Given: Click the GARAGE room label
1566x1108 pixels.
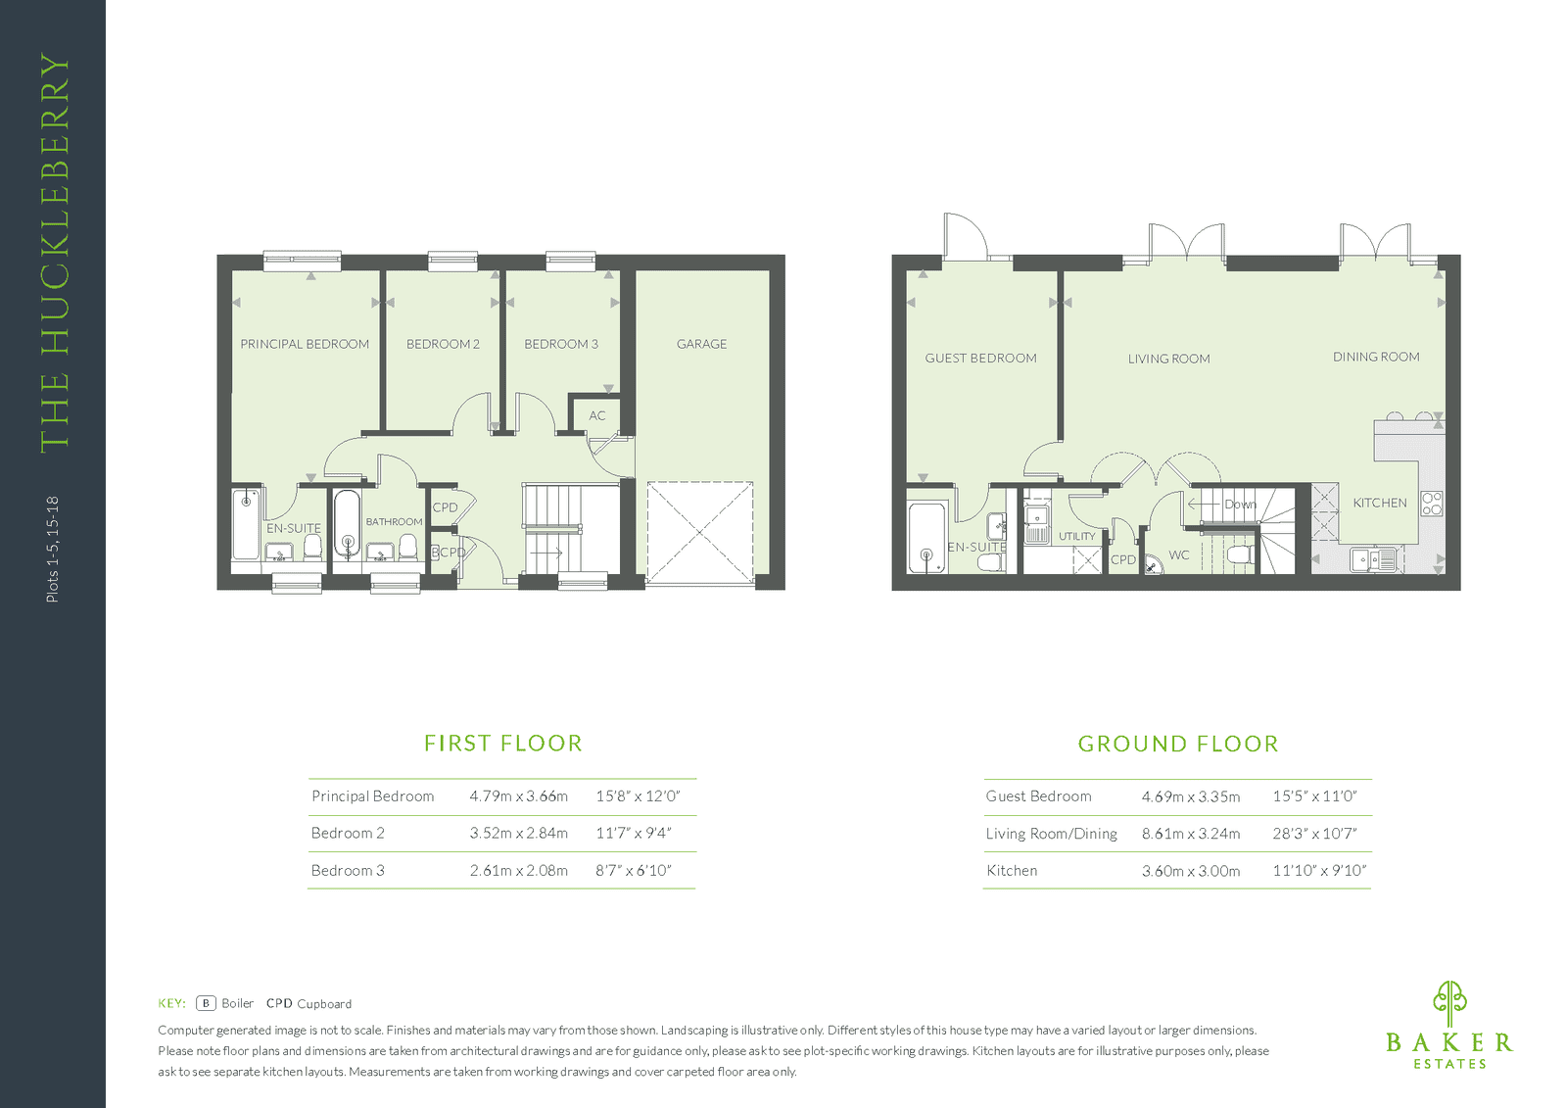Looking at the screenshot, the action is [701, 344].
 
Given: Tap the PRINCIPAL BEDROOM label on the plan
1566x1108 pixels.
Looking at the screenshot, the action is [305, 344].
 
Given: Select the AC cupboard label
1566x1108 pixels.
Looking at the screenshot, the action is [596, 415].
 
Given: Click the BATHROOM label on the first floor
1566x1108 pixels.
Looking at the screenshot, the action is [394, 522].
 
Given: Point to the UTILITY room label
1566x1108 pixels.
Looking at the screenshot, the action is [1076, 537].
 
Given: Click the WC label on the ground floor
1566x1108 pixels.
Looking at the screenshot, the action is [1179, 555].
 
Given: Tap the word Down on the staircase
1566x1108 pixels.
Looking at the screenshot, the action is [1240, 505].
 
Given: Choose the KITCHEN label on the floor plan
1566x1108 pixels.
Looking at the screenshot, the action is [1379, 503].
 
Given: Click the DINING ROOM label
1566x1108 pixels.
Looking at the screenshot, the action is [1376, 357].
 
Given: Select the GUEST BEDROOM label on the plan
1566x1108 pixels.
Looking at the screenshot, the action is [980, 359].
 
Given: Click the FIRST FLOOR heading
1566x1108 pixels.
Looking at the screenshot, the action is [503, 743].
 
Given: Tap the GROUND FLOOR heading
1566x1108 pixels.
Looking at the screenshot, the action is [1178, 744].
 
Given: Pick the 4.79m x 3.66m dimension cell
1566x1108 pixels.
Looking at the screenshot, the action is [518, 796].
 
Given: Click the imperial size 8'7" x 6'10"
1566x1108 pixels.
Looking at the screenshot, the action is [634, 870].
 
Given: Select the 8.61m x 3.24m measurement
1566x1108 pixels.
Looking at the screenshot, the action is [1191, 834].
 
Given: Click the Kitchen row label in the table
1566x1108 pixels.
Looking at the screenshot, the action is [1012, 871].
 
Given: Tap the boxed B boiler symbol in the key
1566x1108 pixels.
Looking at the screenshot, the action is [206, 1003].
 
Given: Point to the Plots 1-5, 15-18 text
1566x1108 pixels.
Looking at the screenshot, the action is [53, 550].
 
